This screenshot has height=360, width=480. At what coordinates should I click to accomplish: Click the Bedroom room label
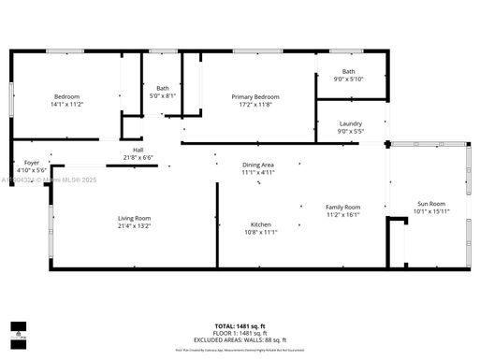tap(66, 97)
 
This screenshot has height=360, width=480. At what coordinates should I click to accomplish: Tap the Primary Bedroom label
tap(255, 97)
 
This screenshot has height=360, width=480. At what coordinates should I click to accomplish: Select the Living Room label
tap(134, 219)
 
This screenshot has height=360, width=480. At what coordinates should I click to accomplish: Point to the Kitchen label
tap(260, 224)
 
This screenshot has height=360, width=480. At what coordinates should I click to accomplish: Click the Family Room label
tap(342, 207)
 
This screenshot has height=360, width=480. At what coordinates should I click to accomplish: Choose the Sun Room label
tap(431, 204)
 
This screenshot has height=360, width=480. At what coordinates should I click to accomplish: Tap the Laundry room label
tap(351, 123)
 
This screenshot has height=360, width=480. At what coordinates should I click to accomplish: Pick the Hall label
tap(138, 151)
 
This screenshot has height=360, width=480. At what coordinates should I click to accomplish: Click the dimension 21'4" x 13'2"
tap(134, 226)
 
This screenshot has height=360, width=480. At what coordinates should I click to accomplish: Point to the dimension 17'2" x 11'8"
tap(255, 105)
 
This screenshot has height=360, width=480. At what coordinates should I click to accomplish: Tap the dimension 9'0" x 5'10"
tap(349, 79)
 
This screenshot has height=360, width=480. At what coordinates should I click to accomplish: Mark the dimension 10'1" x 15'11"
tap(431, 211)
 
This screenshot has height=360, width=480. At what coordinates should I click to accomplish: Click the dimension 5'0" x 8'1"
tap(163, 95)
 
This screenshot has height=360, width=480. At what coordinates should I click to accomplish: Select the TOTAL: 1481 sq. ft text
tap(240, 325)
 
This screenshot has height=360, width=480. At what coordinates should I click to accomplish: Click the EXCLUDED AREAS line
tap(240, 339)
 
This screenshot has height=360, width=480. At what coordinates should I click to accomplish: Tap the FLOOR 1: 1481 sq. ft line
tap(240, 333)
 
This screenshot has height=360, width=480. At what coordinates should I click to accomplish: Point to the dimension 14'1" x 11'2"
tap(66, 105)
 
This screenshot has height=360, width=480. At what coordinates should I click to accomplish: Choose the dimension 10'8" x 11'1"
tap(260, 232)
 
